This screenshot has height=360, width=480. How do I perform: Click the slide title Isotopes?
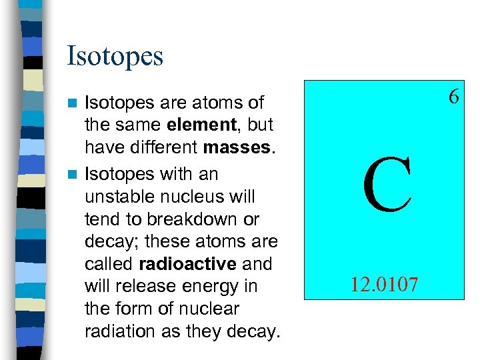point(115,56)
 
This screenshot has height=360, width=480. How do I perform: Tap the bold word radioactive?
point(193,264)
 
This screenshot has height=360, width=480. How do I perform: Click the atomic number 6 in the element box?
point(453,97)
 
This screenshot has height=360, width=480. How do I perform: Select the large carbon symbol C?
point(387,187)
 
